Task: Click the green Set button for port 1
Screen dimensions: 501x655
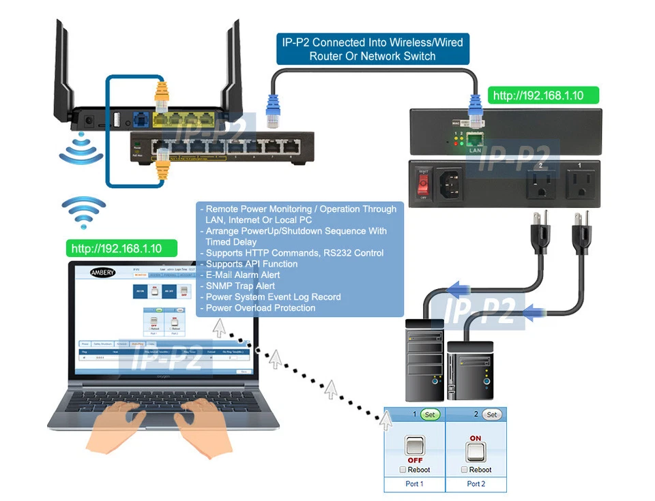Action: click(430, 414)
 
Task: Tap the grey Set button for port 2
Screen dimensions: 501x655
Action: click(491, 414)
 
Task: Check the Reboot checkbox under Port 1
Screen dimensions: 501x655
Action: click(404, 470)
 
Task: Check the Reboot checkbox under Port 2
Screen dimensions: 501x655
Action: click(465, 470)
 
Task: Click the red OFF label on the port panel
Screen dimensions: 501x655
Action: click(415, 460)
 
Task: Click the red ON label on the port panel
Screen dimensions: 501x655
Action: click(476, 439)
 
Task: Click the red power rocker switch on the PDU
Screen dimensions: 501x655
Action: click(424, 182)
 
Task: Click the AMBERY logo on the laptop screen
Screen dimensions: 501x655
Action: click(102, 272)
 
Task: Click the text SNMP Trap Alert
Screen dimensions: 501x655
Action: click(240, 286)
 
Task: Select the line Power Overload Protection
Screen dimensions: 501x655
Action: click(261, 308)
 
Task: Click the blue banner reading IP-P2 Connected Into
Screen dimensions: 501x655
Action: click(372, 49)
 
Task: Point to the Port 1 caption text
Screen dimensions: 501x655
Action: click(414, 484)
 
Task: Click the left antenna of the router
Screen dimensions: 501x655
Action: click(63, 68)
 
